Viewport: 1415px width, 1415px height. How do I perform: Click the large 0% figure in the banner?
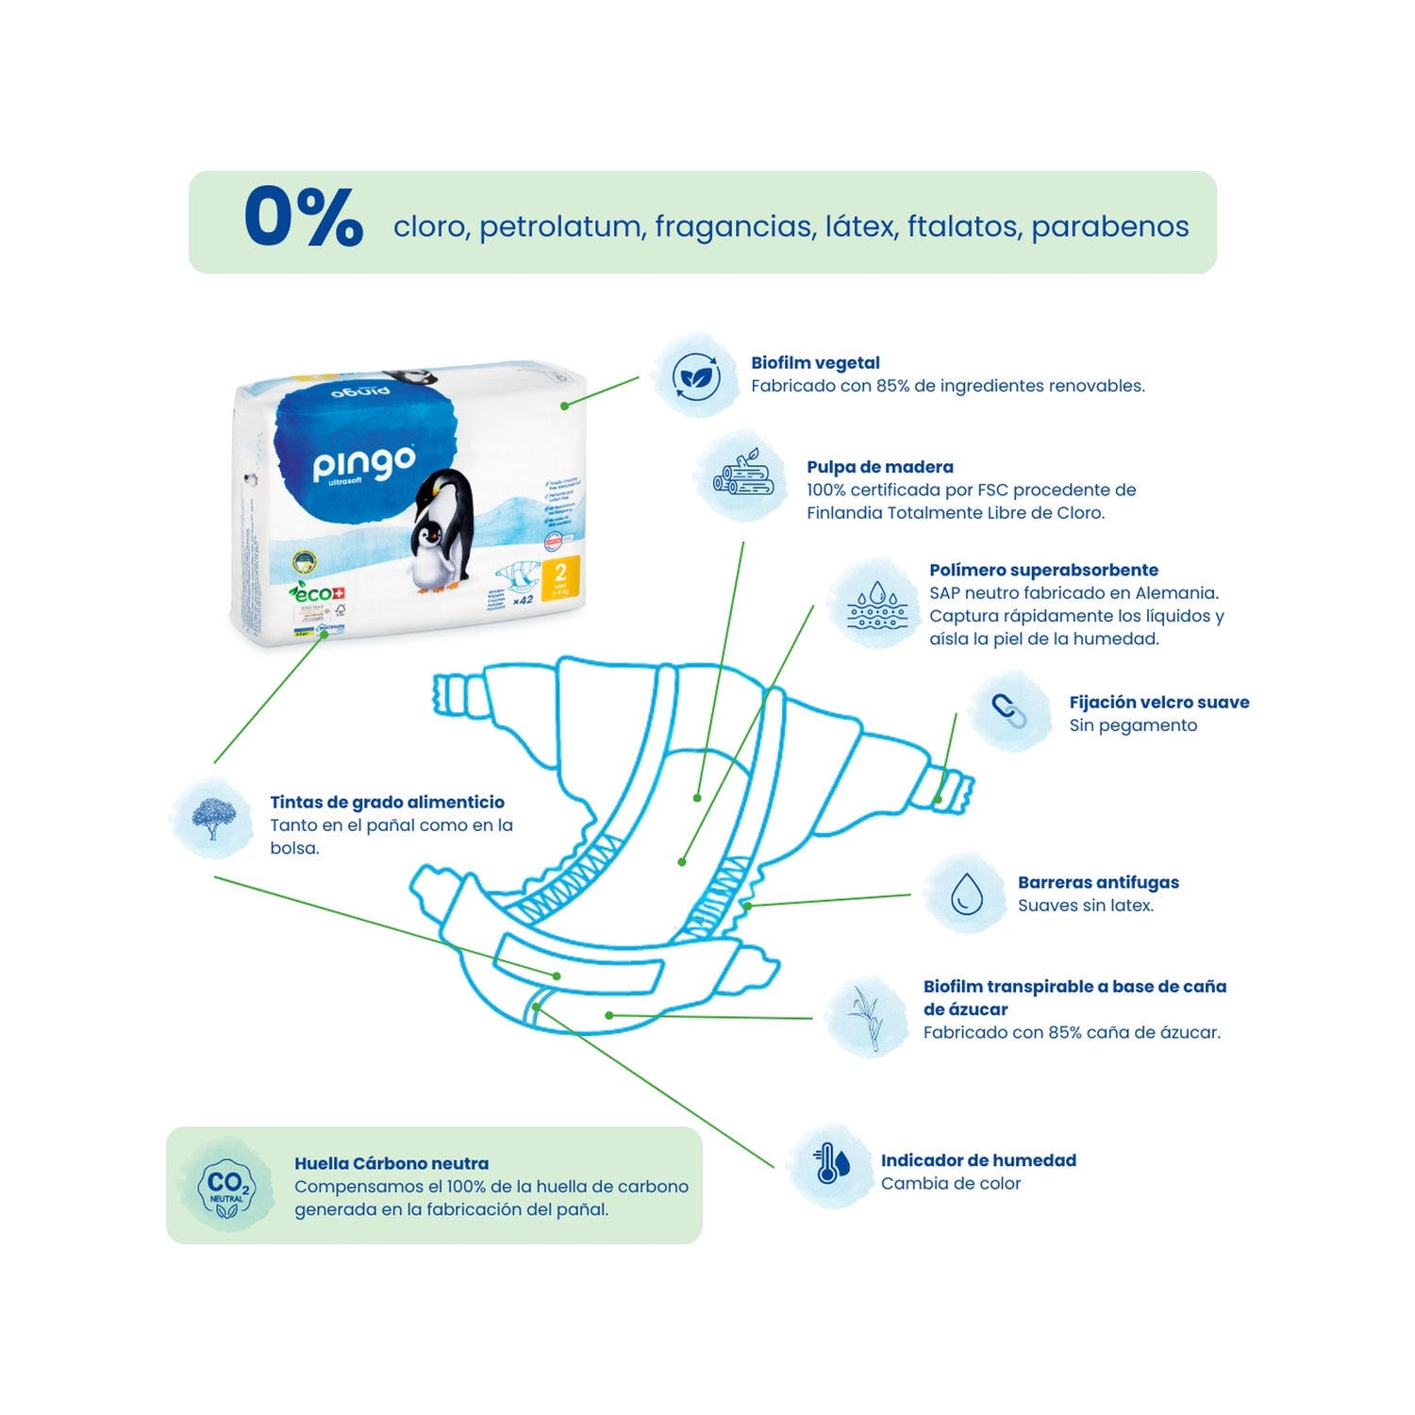303,218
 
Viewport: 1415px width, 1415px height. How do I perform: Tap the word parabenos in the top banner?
1109,226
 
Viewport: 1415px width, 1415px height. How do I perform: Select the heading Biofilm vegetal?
815,363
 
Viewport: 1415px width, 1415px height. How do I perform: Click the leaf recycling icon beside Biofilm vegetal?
696,376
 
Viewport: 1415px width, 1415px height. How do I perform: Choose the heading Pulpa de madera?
879,467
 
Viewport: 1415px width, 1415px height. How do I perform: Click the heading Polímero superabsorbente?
1043,570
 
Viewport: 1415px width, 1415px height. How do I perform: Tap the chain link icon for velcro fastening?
1009,710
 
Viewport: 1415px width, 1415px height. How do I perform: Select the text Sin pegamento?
1133,725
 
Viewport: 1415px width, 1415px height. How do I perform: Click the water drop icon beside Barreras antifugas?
966,893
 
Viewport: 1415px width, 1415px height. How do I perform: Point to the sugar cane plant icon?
866,1017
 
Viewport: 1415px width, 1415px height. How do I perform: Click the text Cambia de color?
951,1184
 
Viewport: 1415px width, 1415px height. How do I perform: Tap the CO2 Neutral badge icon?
225,1188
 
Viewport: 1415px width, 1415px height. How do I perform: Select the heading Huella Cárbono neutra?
391,1164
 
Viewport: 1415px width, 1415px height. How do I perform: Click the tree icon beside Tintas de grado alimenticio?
213,818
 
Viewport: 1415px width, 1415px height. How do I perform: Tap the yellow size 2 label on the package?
560,576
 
